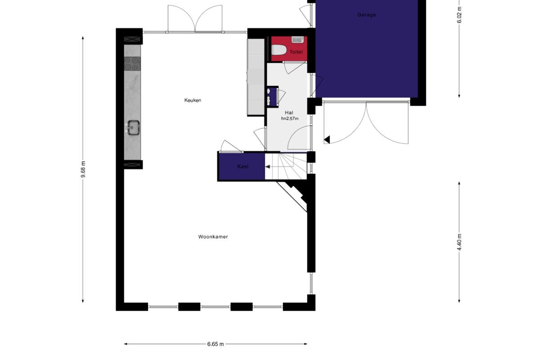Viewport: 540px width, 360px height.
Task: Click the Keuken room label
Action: click(x=193, y=100)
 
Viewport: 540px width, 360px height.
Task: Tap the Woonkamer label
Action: click(x=213, y=237)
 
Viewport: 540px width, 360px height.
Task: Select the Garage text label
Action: click(x=366, y=15)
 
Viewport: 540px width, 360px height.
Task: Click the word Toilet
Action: click(x=296, y=52)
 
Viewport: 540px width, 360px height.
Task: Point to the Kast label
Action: click(x=243, y=166)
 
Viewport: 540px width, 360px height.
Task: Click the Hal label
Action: click(x=289, y=112)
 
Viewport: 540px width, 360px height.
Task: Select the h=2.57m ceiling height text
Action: click(x=289, y=118)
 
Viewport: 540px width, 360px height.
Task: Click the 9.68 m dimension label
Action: click(x=83, y=169)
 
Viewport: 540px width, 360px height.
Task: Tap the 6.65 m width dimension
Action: click(x=216, y=344)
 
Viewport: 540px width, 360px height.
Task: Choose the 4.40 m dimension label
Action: click(x=459, y=242)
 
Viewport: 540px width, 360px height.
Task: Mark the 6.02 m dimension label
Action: click(x=459, y=15)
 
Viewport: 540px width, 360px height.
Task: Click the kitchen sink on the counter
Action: click(x=133, y=127)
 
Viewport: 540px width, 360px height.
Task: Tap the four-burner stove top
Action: click(x=132, y=63)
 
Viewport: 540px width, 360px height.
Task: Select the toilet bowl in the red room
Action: click(x=279, y=50)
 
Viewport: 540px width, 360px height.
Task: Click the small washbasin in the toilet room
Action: click(x=298, y=40)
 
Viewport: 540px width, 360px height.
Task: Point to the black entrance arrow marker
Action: click(x=327, y=139)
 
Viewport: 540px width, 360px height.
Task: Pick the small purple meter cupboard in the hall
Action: click(x=273, y=97)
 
